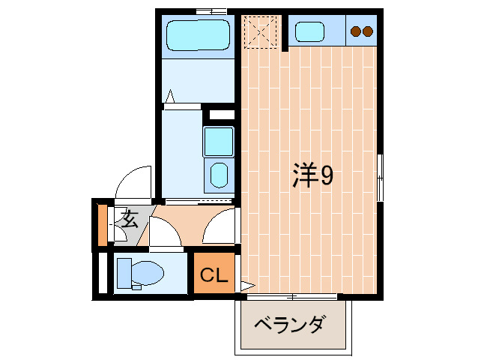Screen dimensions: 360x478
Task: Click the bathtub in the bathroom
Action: (x=197, y=34)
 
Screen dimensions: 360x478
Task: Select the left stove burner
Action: (x=356, y=31)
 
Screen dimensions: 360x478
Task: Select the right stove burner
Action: (x=368, y=31)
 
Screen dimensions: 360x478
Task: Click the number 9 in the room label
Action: (x=327, y=175)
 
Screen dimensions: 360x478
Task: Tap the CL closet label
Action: (x=213, y=276)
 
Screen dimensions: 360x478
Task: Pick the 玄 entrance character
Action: (x=130, y=220)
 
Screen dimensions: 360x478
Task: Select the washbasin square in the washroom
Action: (x=219, y=141)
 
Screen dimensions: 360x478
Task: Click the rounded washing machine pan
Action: (x=220, y=175)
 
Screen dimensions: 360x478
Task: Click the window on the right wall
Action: (x=380, y=176)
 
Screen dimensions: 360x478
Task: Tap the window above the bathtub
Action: (x=211, y=10)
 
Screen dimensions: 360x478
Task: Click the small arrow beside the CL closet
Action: (x=247, y=285)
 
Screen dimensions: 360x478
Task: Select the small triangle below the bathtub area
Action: (x=170, y=96)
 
